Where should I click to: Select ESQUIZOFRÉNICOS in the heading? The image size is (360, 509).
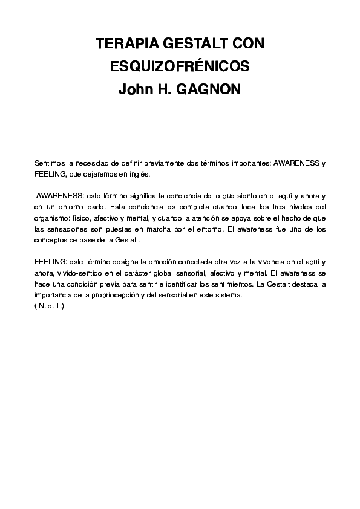(180, 66)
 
